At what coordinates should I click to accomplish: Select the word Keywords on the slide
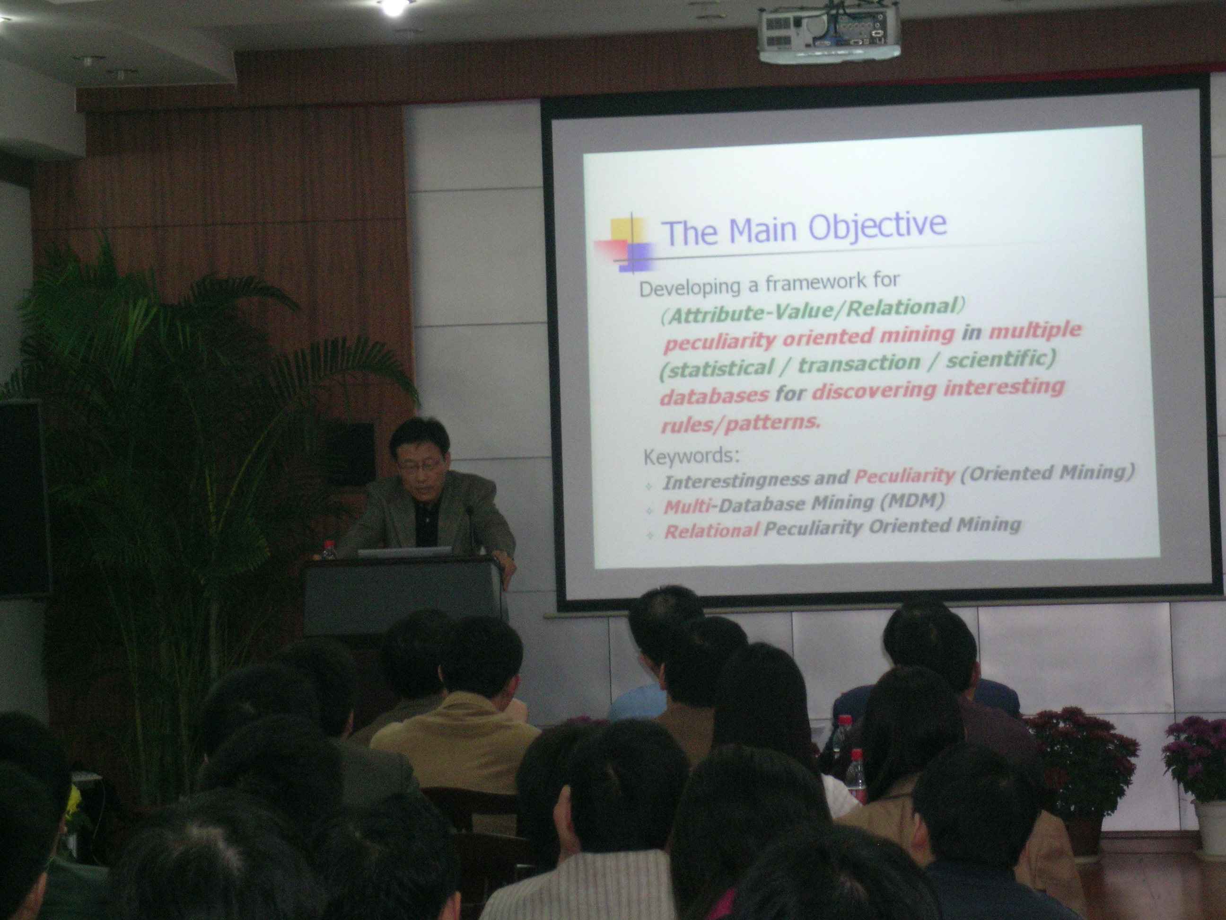tap(691, 456)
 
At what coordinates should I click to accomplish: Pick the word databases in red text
tap(714, 395)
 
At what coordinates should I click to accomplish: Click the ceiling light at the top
tap(392, 7)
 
